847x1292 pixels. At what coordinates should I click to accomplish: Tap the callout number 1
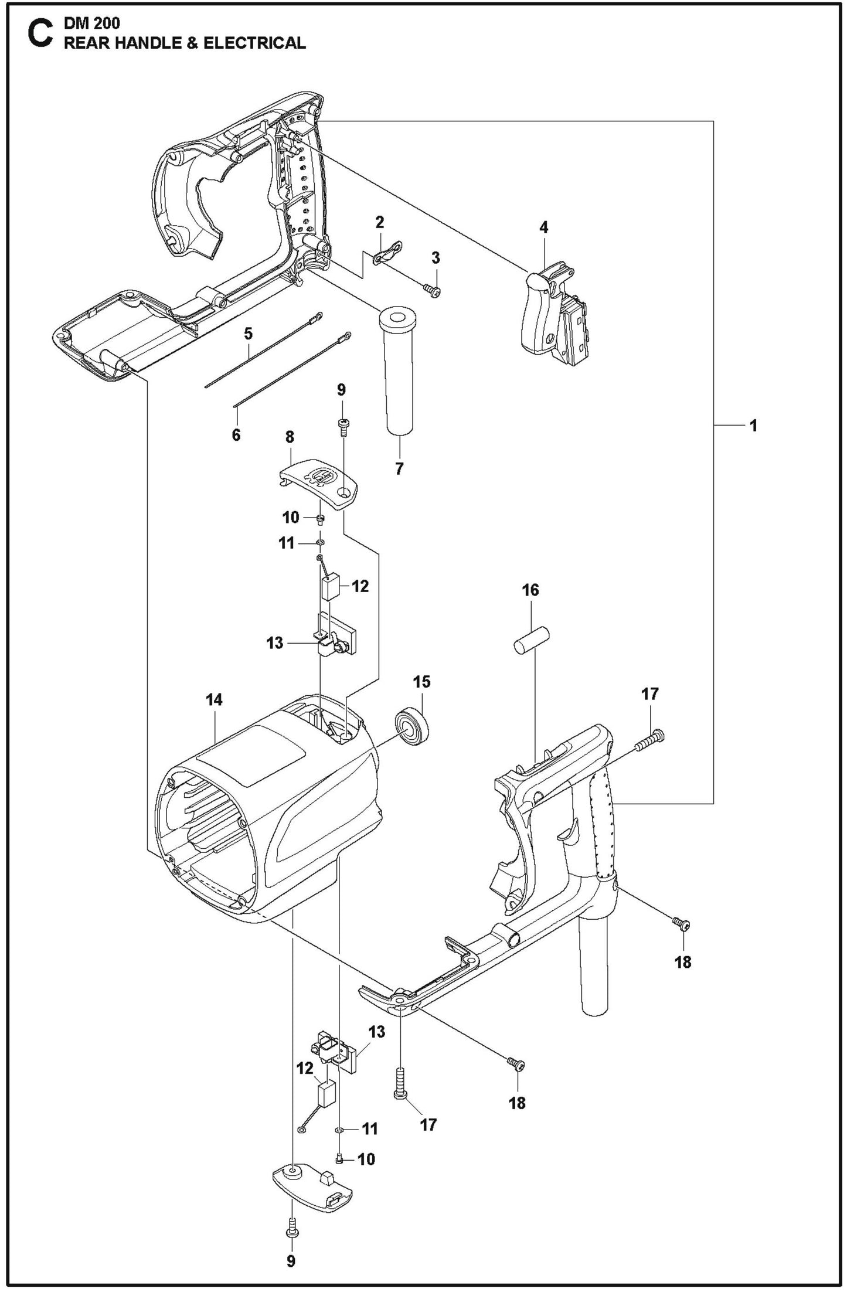pyautogui.click(x=753, y=426)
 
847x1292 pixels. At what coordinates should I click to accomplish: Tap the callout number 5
pyautogui.click(x=248, y=334)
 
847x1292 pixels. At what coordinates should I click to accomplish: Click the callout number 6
pyautogui.click(x=236, y=435)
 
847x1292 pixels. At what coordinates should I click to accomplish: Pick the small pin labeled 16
pyautogui.click(x=531, y=640)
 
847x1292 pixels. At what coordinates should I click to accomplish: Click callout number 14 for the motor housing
pyautogui.click(x=214, y=699)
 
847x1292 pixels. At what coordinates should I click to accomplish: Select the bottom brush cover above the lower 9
pyautogui.click(x=312, y=1186)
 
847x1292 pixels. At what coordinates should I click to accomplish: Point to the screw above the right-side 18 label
pyautogui.click(x=682, y=925)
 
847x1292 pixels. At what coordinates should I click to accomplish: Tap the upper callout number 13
pyautogui.click(x=274, y=643)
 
